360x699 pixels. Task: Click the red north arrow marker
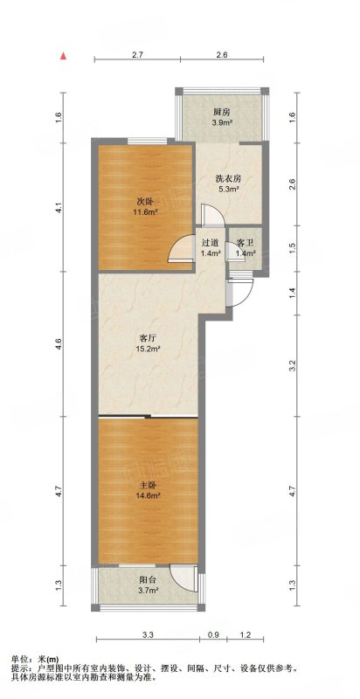pos(64,56)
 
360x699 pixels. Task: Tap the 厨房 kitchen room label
pos(221,113)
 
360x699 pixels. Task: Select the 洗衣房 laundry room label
pos(228,179)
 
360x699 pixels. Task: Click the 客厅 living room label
pos(149,337)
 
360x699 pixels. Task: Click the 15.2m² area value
pos(149,349)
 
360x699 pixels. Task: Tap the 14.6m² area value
pos(149,495)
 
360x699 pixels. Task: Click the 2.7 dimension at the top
pos(137,55)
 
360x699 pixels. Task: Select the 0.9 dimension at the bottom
pos(213,633)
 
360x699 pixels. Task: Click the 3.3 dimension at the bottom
pos(148,633)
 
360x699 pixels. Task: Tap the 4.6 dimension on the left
pos(59,343)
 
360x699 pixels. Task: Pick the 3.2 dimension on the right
pos(292,365)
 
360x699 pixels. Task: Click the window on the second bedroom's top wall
pos(148,141)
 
